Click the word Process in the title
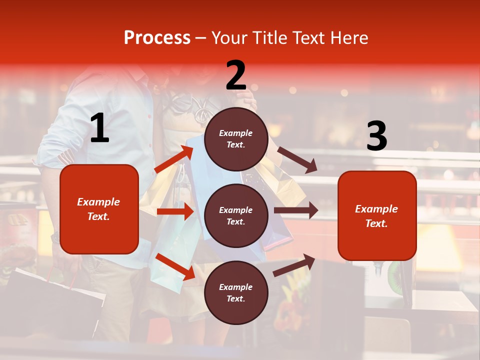[157, 38]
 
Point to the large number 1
[99, 129]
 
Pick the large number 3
[376, 136]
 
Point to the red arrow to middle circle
[175, 211]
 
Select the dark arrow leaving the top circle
[297, 159]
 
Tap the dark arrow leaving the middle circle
[296, 210]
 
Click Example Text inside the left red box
[99, 209]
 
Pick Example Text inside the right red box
[377, 216]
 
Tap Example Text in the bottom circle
[236, 293]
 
